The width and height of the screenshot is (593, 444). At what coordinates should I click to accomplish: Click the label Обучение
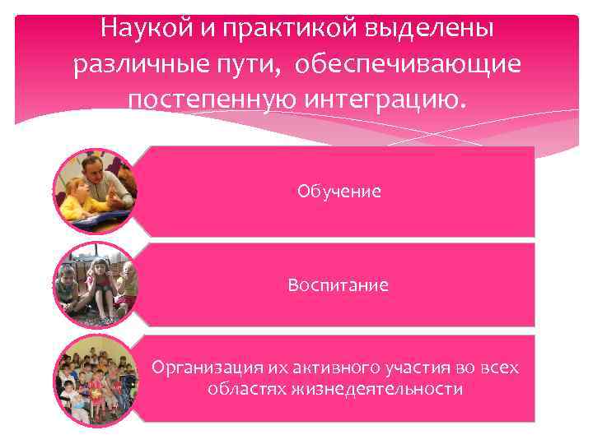click(x=339, y=192)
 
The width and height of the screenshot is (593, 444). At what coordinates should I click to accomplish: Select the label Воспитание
click(x=339, y=285)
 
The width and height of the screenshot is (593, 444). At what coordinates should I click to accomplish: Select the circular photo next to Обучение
click(x=95, y=191)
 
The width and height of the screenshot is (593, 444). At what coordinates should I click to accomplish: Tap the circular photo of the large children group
click(x=95, y=378)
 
